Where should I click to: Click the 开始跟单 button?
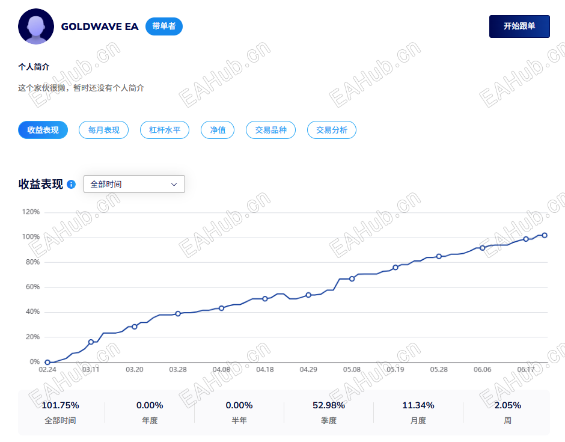pyautogui.click(x=519, y=26)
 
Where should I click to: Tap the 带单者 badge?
pyautogui.click(x=164, y=26)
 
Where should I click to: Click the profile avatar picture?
pyautogui.click(x=36, y=26)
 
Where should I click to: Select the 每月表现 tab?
pyautogui.click(x=104, y=130)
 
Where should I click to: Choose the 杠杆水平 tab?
pyautogui.click(x=165, y=130)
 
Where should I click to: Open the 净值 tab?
pyautogui.click(x=218, y=130)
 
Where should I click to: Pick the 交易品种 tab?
pyautogui.click(x=270, y=130)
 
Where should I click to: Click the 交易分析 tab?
pyautogui.click(x=332, y=130)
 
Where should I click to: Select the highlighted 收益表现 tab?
pyautogui.click(x=43, y=130)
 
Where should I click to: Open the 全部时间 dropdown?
pyautogui.click(x=134, y=184)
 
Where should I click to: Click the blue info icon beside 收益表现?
pyautogui.click(x=72, y=185)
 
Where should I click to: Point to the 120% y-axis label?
pyautogui.click(x=31, y=212)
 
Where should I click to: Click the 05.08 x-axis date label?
pyautogui.click(x=352, y=369)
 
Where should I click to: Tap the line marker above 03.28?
pyautogui.click(x=178, y=314)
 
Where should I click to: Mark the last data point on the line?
pyautogui.click(x=545, y=235)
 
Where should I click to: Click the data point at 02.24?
pyautogui.click(x=47, y=363)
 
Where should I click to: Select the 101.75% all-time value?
pyautogui.click(x=60, y=405)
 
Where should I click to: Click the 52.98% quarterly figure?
pyautogui.click(x=329, y=405)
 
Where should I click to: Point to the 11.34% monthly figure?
pyautogui.click(x=418, y=405)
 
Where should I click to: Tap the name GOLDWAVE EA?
pyautogui.click(x=100, y=26)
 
